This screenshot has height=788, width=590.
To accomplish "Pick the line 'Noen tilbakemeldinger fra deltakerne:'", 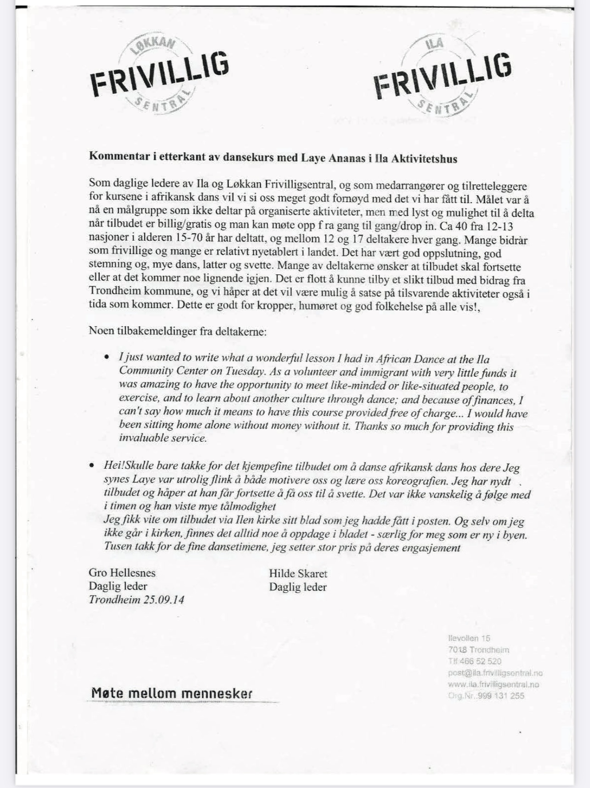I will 177,331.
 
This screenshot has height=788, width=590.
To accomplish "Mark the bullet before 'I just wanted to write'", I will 107,357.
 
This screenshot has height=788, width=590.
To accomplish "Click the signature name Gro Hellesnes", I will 122,573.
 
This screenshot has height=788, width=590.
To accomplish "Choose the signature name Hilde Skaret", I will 298,573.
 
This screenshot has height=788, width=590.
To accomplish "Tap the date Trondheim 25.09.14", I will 136,600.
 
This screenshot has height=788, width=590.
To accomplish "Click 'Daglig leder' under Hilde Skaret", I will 298,587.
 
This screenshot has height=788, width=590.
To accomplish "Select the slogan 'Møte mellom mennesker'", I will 172,693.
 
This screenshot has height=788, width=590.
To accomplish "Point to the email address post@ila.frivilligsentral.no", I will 495,673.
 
